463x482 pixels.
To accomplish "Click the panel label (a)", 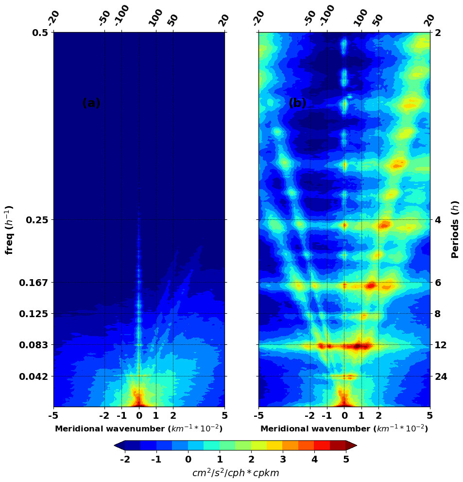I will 91,103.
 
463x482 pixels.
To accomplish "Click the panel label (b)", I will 297,103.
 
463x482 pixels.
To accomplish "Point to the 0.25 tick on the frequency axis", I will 37,220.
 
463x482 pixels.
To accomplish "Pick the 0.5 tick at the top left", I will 41,33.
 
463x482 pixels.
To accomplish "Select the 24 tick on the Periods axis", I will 440,376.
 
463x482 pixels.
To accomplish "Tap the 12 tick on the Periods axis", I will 440,345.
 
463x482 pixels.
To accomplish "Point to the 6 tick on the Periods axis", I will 437,283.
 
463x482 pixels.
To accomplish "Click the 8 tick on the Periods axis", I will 437,314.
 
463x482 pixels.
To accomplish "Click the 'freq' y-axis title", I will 9,230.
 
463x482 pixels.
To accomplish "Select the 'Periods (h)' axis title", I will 455,230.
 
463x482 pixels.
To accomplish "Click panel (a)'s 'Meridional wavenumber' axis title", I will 139,428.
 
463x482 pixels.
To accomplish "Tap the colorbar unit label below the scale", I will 236,473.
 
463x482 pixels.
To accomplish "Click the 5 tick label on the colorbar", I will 346,460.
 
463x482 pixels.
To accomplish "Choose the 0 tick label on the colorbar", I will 188,460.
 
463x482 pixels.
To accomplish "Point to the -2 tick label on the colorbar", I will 125,460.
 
